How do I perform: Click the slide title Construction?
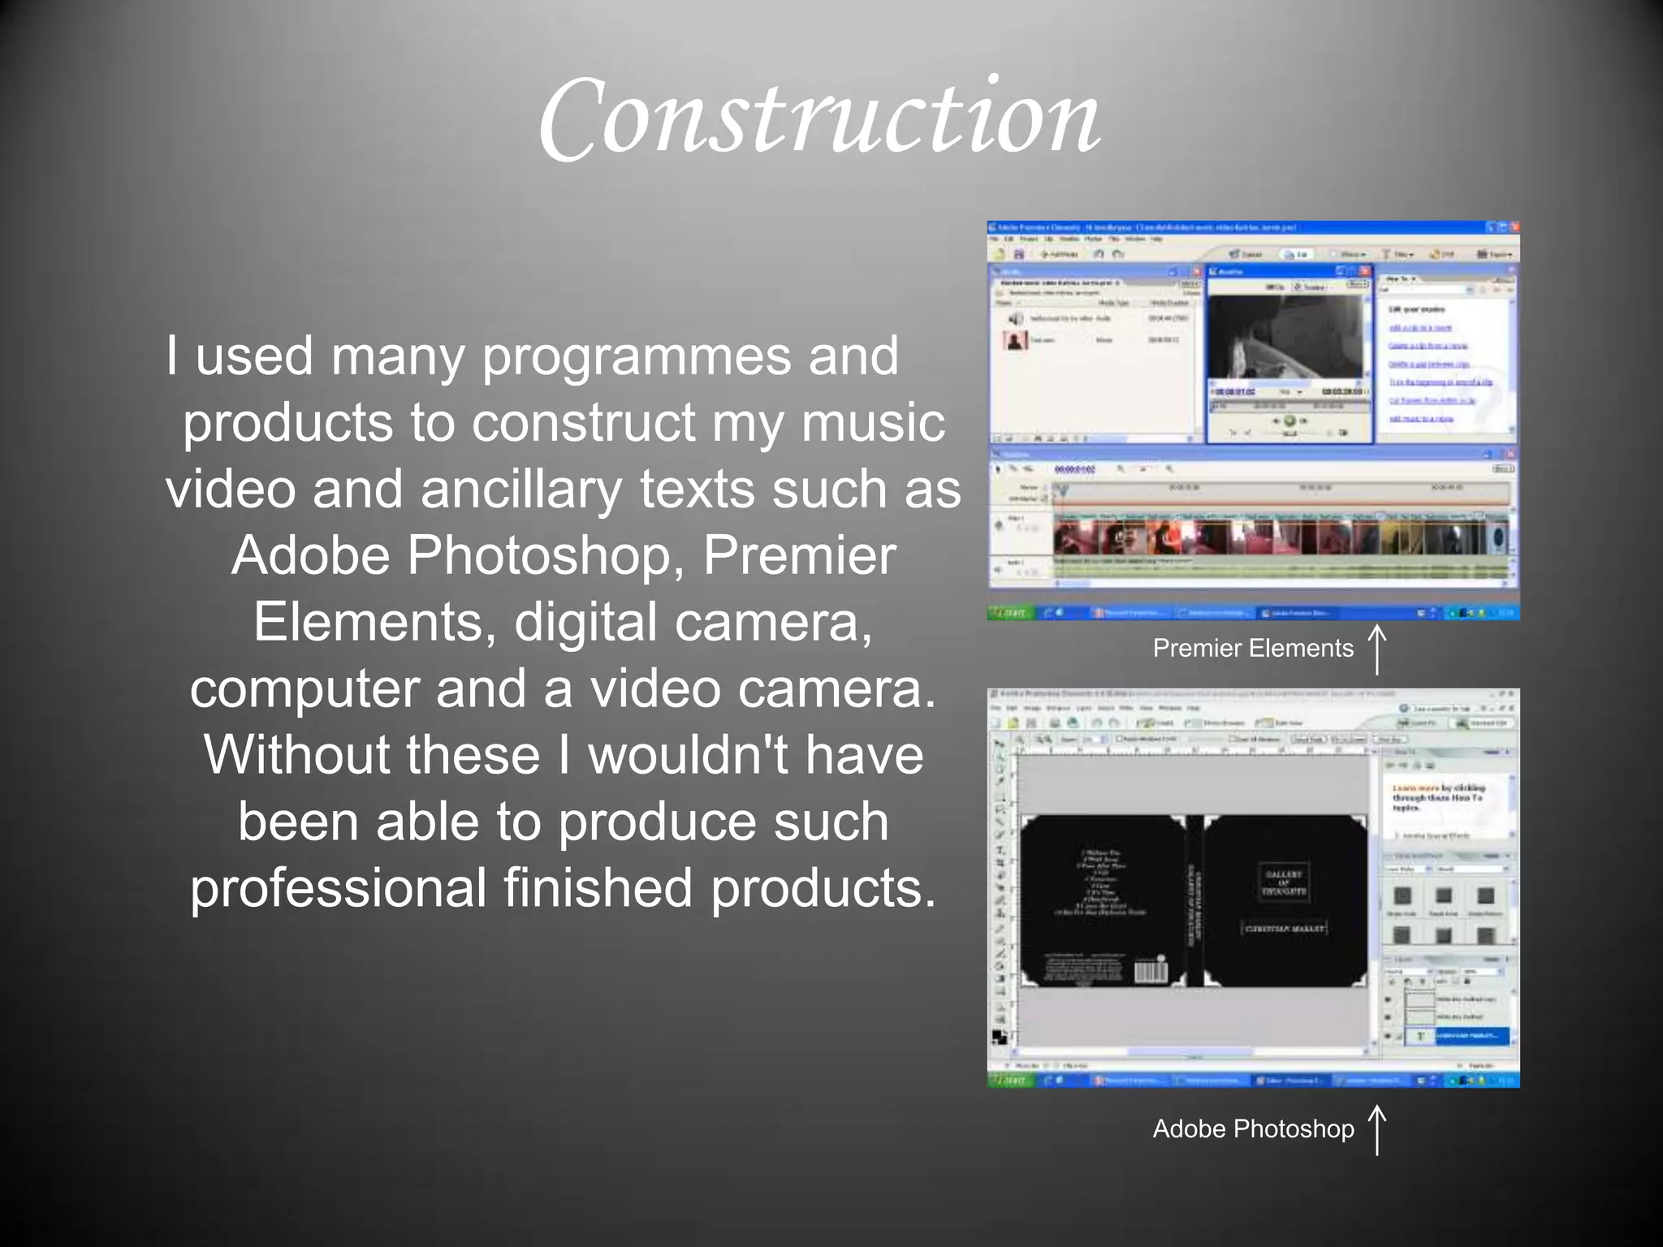click(819, 119)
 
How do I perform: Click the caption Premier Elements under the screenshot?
click(1252, 648)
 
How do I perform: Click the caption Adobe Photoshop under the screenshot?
click(1252, 1128)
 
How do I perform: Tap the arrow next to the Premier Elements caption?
click(1377, 649)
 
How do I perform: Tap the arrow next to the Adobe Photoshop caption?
click(1377, 1129)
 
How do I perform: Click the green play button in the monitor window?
click(1289, 421)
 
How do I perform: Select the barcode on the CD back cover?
click(1150, 971)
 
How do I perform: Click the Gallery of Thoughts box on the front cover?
click(1284, 882)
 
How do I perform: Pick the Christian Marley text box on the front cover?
click(1284, 928)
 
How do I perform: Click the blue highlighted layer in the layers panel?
click(1471, 1036)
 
